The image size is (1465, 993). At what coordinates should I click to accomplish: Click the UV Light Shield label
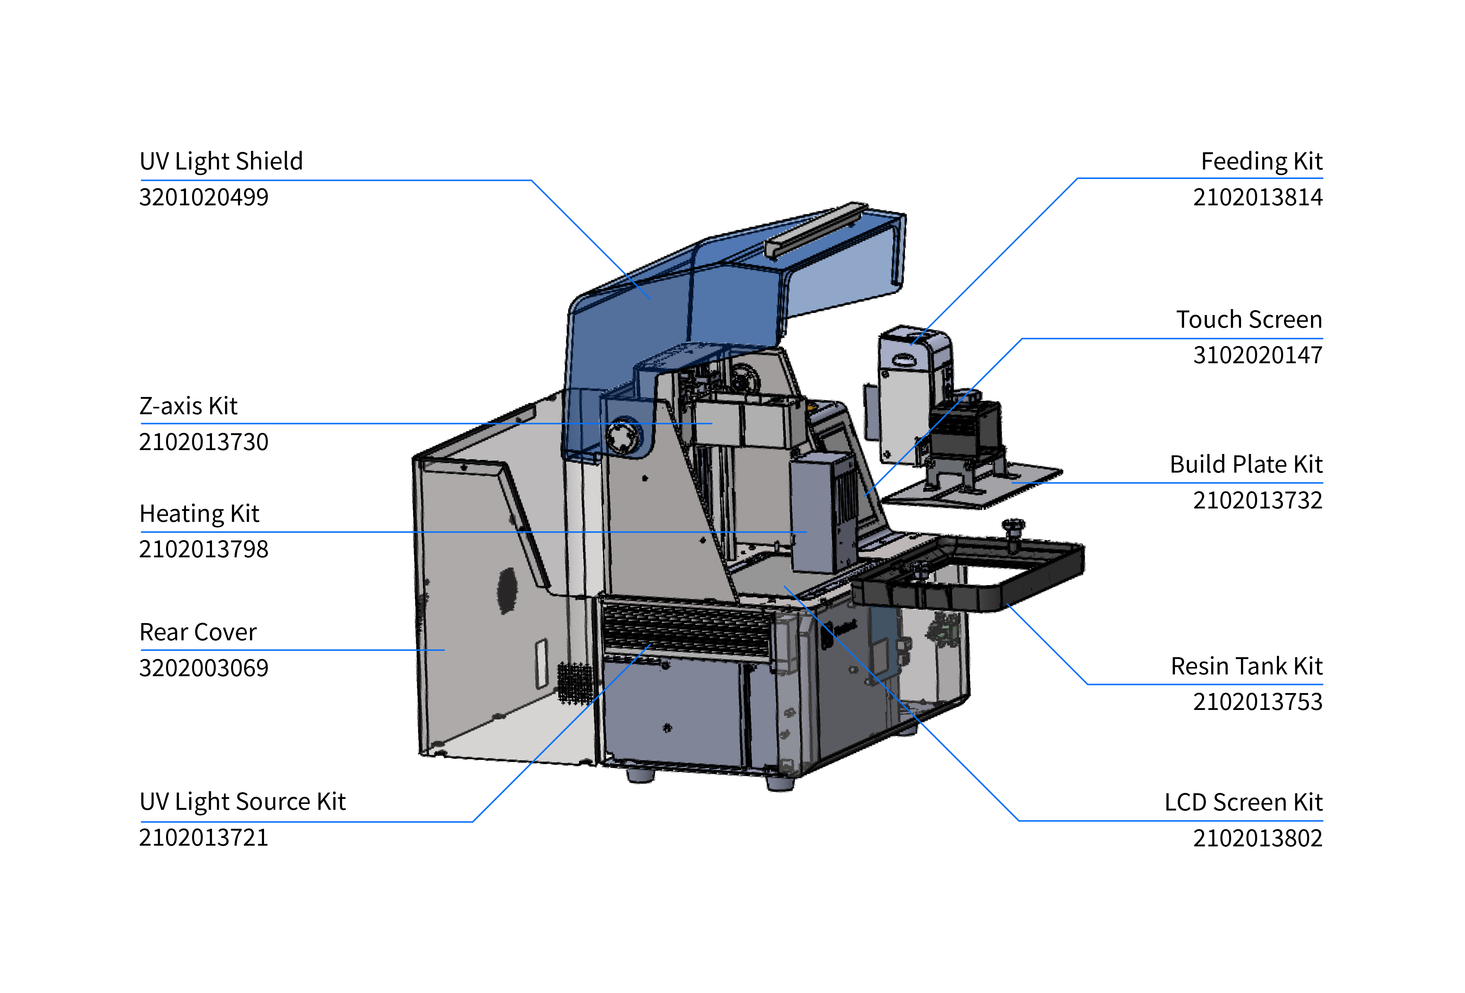[221, 161]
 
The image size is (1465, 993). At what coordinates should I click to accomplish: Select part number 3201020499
[204, 197]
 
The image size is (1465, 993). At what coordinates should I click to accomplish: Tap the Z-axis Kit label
[188, 406]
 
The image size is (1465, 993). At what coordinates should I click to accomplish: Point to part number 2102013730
[204, 442]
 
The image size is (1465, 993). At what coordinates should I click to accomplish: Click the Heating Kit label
[199, 514]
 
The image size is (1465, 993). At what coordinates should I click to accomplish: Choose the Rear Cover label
[198, 632]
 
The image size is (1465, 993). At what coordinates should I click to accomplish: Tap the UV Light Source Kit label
[243, 802]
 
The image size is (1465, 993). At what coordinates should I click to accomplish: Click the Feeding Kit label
[1261, 161]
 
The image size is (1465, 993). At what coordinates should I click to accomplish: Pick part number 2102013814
[1258, 197]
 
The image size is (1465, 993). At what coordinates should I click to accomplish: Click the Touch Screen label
[1249, 320]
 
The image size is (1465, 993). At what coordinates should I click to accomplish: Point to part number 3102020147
[1258, 355]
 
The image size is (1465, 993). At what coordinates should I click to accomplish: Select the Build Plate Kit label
[1246, 465]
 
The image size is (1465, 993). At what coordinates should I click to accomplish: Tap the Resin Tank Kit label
[1246, 666]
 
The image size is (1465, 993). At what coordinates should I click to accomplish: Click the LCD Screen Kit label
[1243, 803]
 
